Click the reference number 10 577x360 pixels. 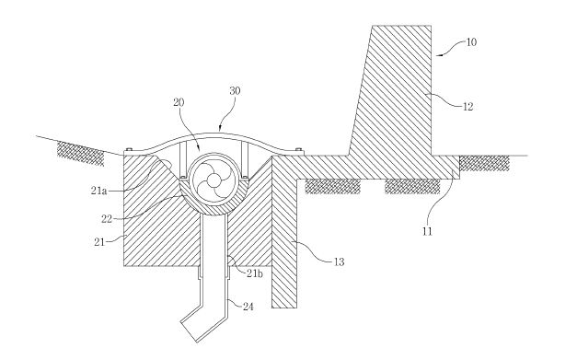(471, 42)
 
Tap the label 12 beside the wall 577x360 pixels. (467, 107)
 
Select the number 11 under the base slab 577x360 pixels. (427, 231)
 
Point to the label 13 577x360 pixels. (339, 261)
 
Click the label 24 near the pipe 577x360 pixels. (248, 307)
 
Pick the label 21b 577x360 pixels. (255, 273)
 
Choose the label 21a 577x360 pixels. (98, 191)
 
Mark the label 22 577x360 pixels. (107, 219)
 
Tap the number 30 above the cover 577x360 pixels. (235, 90)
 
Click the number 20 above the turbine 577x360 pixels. (179, 102)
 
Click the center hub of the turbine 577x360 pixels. (213, 180)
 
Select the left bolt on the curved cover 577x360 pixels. (129, 149)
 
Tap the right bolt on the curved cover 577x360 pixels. (299, 149)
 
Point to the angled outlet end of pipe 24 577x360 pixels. (189, 331)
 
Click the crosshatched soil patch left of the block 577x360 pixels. (81, 154)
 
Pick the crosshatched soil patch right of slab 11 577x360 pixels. (484, 163)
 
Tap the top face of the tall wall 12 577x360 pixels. (402, 26)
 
